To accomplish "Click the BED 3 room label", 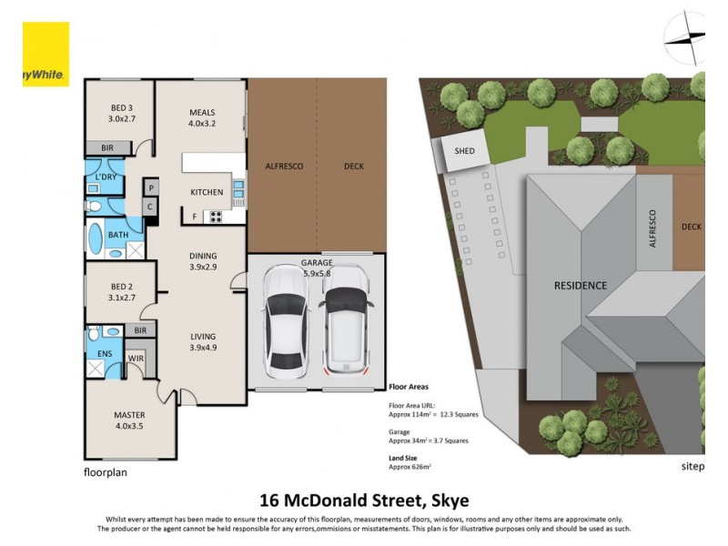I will pos(121,112).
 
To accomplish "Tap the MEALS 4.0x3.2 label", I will pos(202,117).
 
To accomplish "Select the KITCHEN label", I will pos(207,192).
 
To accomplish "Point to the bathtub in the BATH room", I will pos(95,242).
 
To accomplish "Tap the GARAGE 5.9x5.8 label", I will pos(317,268).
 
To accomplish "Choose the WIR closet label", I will pos(136,358).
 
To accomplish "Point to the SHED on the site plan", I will pos(465,152).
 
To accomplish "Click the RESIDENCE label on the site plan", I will pos(581,285).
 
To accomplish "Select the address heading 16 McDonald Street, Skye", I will pos(364,500).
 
